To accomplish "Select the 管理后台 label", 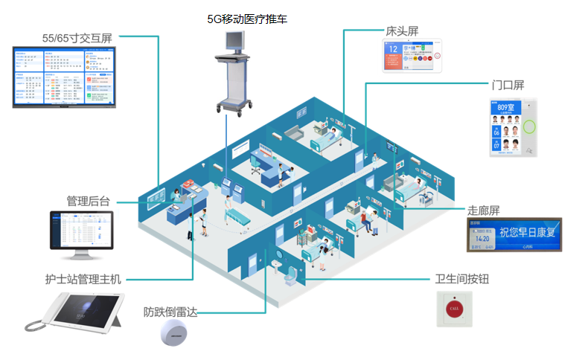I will point(88,201).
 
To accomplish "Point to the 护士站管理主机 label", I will point(83,280).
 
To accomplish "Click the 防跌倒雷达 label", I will point(170,312).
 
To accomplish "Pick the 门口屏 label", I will point(508,86).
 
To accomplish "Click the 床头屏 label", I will point(402,32).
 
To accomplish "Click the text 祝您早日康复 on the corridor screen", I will point(525,233).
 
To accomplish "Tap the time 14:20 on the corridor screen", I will point(482,238).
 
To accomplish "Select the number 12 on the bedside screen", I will point(393,52).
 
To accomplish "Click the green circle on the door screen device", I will point(531,126).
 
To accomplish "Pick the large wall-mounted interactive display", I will point(65,77).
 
